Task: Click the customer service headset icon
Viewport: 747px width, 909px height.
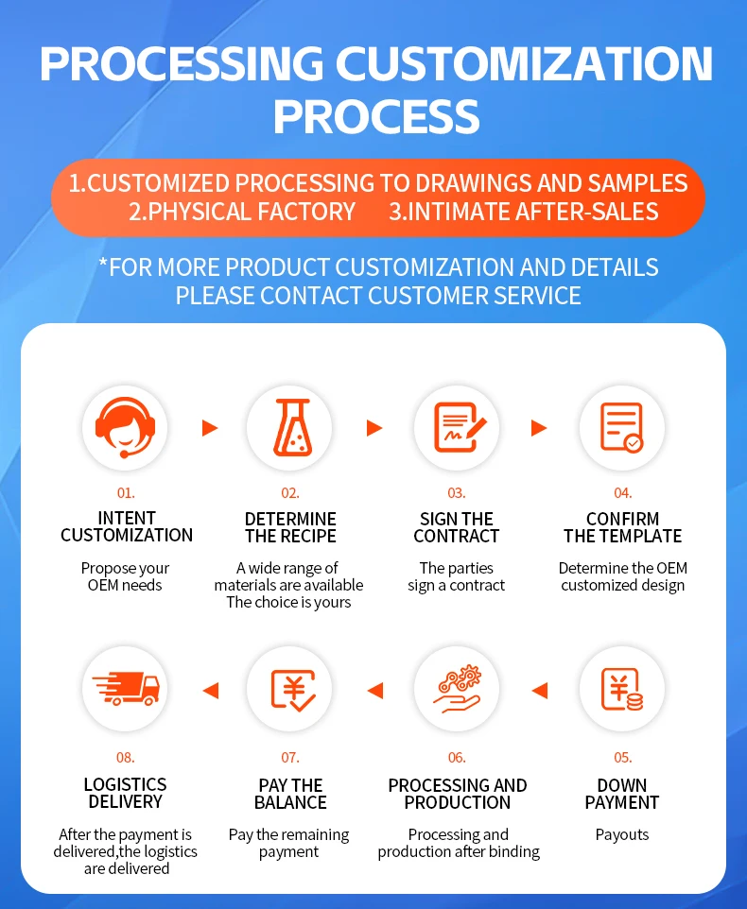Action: pyautogui.click(x=125, y=428)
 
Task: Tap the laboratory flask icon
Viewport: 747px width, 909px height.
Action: pyautogui.click(x=290, y=428)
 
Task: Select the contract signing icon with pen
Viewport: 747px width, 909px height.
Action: pyautogui.click(x=457, y=428)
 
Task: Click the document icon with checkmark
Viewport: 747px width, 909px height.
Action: pyautogui.click(x=622, y=428)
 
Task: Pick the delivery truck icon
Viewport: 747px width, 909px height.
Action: pyautogui.click(x=125, y=690)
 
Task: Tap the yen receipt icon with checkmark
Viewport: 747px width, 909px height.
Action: pyautogui.click(x=290, y=690)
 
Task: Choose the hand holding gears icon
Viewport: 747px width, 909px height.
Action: pyautogui.click(x=457, y=690)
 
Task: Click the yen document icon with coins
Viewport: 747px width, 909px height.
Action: pyautogui.click(x=622, y=690)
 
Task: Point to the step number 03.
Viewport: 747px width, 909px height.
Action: pyautogui.click(x=457, y=492)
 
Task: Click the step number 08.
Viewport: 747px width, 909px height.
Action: pyautogui.click(x=125, y=757)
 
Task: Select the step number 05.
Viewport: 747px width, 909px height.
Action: pyautogui.click(x=622, y=757)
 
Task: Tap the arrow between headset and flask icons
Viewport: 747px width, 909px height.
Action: pyautogui.click(x=210, y=428)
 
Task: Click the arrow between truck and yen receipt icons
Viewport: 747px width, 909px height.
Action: pyautogui.click(x=210, y=691)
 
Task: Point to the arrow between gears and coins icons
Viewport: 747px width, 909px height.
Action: pyautogui.click(x=540, y=691)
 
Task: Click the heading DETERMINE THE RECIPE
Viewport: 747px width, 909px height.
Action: pyautogui.click(x=290, y=527)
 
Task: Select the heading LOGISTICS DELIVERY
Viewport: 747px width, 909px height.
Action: pyautogui.click(x=125, y=793)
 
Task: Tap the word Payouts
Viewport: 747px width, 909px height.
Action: pyautogui.click(x=622, y=834)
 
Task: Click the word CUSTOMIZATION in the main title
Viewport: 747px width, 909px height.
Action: pyautogui.click(x=525, y=63)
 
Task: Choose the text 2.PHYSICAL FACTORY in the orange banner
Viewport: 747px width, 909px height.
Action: pyautogui.click(x=242, y=212)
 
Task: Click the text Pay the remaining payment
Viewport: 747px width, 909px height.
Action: pyautogui.click(x=288, y=843)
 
